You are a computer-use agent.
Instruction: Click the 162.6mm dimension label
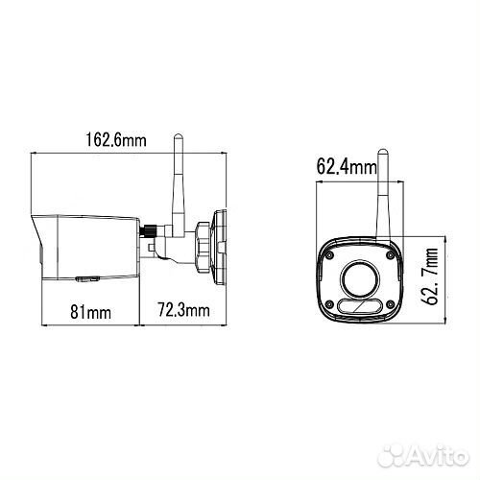click(x=116, y=140)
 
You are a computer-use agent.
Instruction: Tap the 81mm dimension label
click(x=90, y=312)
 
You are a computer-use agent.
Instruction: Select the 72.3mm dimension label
click(x=184, y=310)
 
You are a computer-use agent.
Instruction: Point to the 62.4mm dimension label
click(x=347, y=167)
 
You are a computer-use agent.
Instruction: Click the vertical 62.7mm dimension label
click(x=430, y=276)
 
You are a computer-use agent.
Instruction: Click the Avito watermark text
click(x=438, y=455)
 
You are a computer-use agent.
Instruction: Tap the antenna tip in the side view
click(x=178, y=135)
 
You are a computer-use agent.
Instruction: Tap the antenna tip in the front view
click(x=383, y=151)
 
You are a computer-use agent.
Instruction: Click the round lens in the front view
click(x=360, y=279)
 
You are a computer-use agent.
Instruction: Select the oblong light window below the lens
click(x=360, y=306)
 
